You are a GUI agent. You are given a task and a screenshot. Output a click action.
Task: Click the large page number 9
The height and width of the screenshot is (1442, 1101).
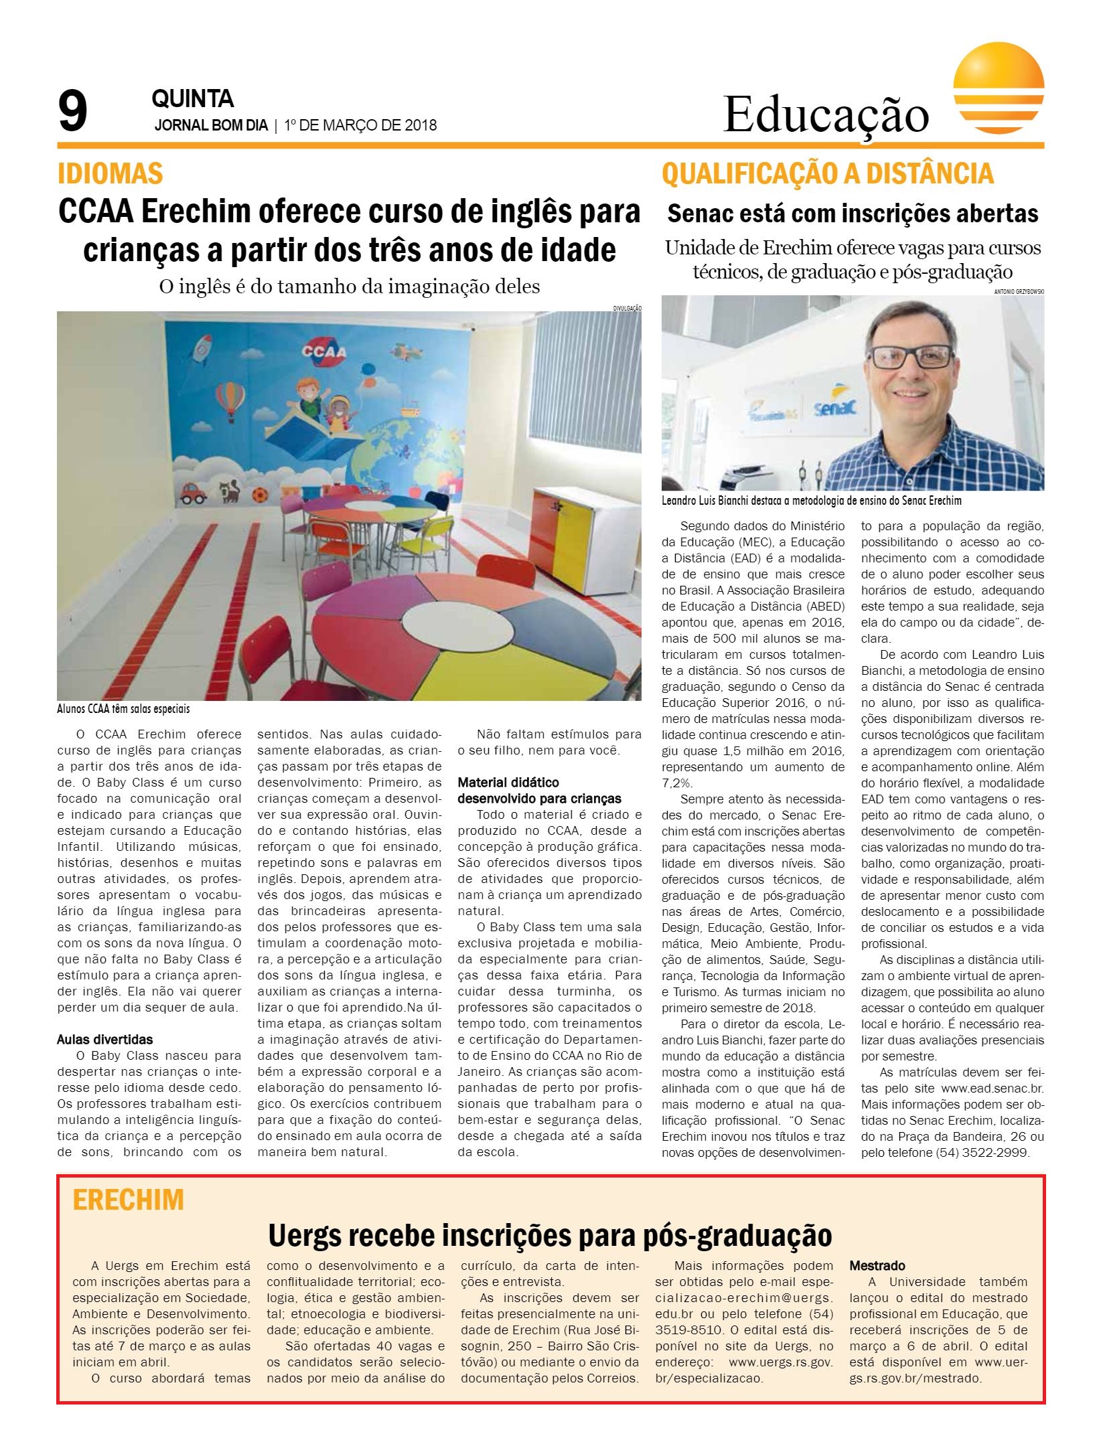73,112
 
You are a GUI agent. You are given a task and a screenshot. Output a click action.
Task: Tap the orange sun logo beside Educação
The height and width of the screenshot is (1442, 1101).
998,91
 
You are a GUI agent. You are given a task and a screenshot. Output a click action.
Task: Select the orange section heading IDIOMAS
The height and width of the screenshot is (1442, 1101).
111,174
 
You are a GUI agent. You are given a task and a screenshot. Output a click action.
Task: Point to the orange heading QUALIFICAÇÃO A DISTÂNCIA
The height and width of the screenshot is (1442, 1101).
827,174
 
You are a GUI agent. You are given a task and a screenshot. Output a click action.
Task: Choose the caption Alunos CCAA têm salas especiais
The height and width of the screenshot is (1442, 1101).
124,708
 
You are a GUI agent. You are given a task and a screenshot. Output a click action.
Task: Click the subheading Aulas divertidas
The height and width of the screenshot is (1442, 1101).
104,1040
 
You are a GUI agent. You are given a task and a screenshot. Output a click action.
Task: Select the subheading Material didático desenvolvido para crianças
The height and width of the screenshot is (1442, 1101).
539,790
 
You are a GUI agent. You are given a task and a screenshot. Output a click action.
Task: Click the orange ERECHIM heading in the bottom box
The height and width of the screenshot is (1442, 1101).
128,1200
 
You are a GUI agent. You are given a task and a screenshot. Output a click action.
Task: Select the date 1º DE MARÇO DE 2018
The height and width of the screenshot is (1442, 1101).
360,125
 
